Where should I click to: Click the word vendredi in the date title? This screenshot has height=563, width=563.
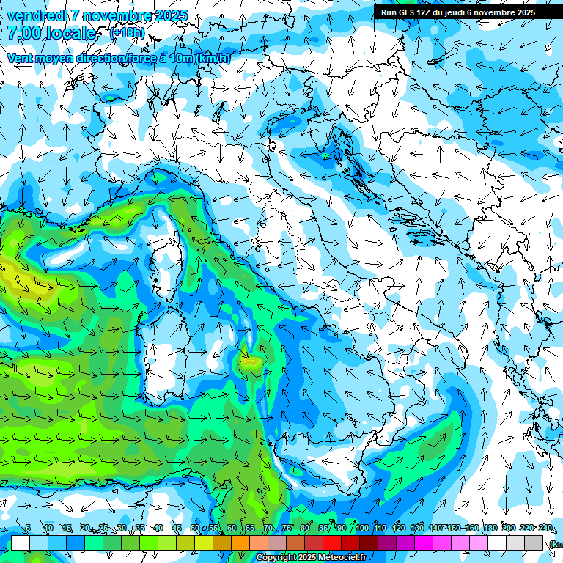(x=37, y=15)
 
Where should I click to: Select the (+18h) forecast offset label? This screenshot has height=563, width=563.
(x=127, y=33)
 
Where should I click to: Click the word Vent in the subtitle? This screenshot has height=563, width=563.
(x=21, y=58)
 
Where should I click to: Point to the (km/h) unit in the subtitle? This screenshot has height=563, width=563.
(x=213, y=58)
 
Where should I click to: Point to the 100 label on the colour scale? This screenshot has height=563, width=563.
(x=362, y=528)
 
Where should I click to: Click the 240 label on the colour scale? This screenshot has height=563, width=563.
(x=545, y=528)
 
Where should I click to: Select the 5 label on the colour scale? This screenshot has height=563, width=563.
(x=28, y=528)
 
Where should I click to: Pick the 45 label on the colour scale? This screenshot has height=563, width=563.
(x=177, y=528)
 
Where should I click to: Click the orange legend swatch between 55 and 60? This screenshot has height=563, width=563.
(x=222, y=542)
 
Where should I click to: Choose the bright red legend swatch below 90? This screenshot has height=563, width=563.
(x=332, y=542)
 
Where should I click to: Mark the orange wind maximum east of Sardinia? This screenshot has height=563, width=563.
(x=251, y=361)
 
